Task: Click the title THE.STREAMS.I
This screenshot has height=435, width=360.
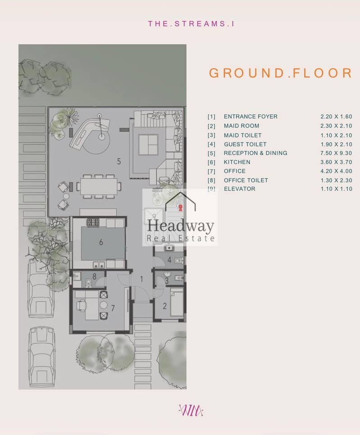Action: point(191,23)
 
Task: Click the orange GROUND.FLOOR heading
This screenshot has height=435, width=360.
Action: point(281,73)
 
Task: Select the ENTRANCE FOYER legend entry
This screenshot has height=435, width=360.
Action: point(251,117)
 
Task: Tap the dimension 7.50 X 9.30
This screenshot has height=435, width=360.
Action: point(336,153)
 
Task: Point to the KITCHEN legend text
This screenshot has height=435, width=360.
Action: point(237,162)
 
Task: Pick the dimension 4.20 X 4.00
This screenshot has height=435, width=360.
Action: point(336,171)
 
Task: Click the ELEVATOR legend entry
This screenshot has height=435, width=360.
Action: point(240,189)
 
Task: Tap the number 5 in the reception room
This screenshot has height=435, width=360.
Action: point(119,162)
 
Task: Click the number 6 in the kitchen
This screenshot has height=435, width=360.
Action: point(101,242)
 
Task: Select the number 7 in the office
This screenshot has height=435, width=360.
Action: point(113,308)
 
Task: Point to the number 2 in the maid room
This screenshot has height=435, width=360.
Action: point(164,306)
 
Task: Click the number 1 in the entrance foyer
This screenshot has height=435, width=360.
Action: point(141,279)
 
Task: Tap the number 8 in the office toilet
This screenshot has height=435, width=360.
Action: point(94,276)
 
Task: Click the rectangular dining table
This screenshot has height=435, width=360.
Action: point(99,186)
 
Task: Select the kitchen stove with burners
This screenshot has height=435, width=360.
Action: point(93,222)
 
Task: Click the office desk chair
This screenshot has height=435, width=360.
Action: point(82,305)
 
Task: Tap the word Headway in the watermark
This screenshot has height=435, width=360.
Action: point(180,226)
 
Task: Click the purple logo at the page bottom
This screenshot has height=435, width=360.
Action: point(191,410)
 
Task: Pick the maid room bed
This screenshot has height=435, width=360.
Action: point(177,303)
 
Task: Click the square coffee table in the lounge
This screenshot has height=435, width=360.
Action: point(148,144)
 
